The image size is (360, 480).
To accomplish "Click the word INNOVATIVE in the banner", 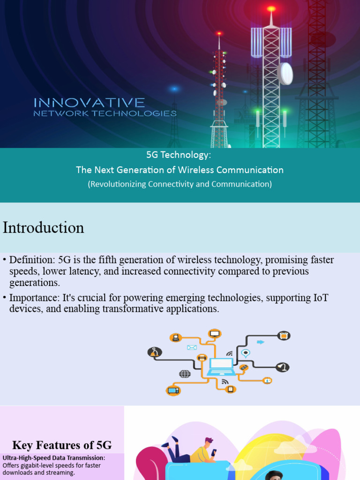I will (89, 103).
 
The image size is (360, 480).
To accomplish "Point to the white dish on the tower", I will (285, 73).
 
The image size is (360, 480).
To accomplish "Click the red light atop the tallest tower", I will (271, 8).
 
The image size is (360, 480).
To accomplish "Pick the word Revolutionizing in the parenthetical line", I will (119, 184).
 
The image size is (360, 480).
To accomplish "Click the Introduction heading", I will (44, 228).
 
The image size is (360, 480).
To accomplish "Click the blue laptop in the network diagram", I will (221, 367).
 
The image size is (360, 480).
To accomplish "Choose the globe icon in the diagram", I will (185, 374).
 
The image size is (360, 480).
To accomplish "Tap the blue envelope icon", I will (192, 347).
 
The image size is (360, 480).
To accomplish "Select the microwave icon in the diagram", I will (283, 336).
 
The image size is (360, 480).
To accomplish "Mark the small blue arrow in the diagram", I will (261, 342).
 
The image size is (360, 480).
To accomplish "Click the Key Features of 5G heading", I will (62, 445).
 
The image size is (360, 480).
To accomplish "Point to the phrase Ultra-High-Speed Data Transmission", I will (54, 458).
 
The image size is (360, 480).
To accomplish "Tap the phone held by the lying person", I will (214, 452).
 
